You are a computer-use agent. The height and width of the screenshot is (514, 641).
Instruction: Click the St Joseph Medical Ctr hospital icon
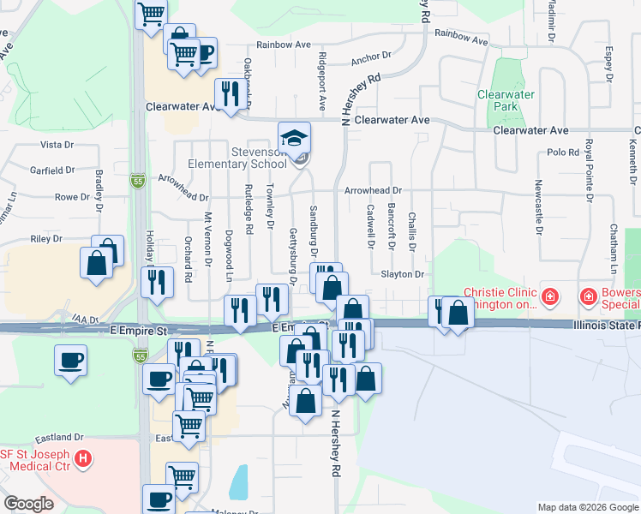(82, 459)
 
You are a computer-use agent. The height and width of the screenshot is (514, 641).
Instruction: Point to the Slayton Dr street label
(403, 274)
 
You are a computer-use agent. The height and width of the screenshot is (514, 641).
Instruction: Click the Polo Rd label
(563, 152)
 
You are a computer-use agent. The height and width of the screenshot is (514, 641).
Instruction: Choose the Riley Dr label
(41, 240)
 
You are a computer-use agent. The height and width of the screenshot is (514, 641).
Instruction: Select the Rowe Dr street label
(72, 197)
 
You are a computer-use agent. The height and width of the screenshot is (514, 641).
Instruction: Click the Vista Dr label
(58, 146)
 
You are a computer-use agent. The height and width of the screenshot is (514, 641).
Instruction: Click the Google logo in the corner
(30, 504)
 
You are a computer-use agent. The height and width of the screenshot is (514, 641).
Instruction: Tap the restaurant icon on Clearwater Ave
(229, 93)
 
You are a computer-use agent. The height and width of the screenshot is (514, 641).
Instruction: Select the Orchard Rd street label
(189, 258)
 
